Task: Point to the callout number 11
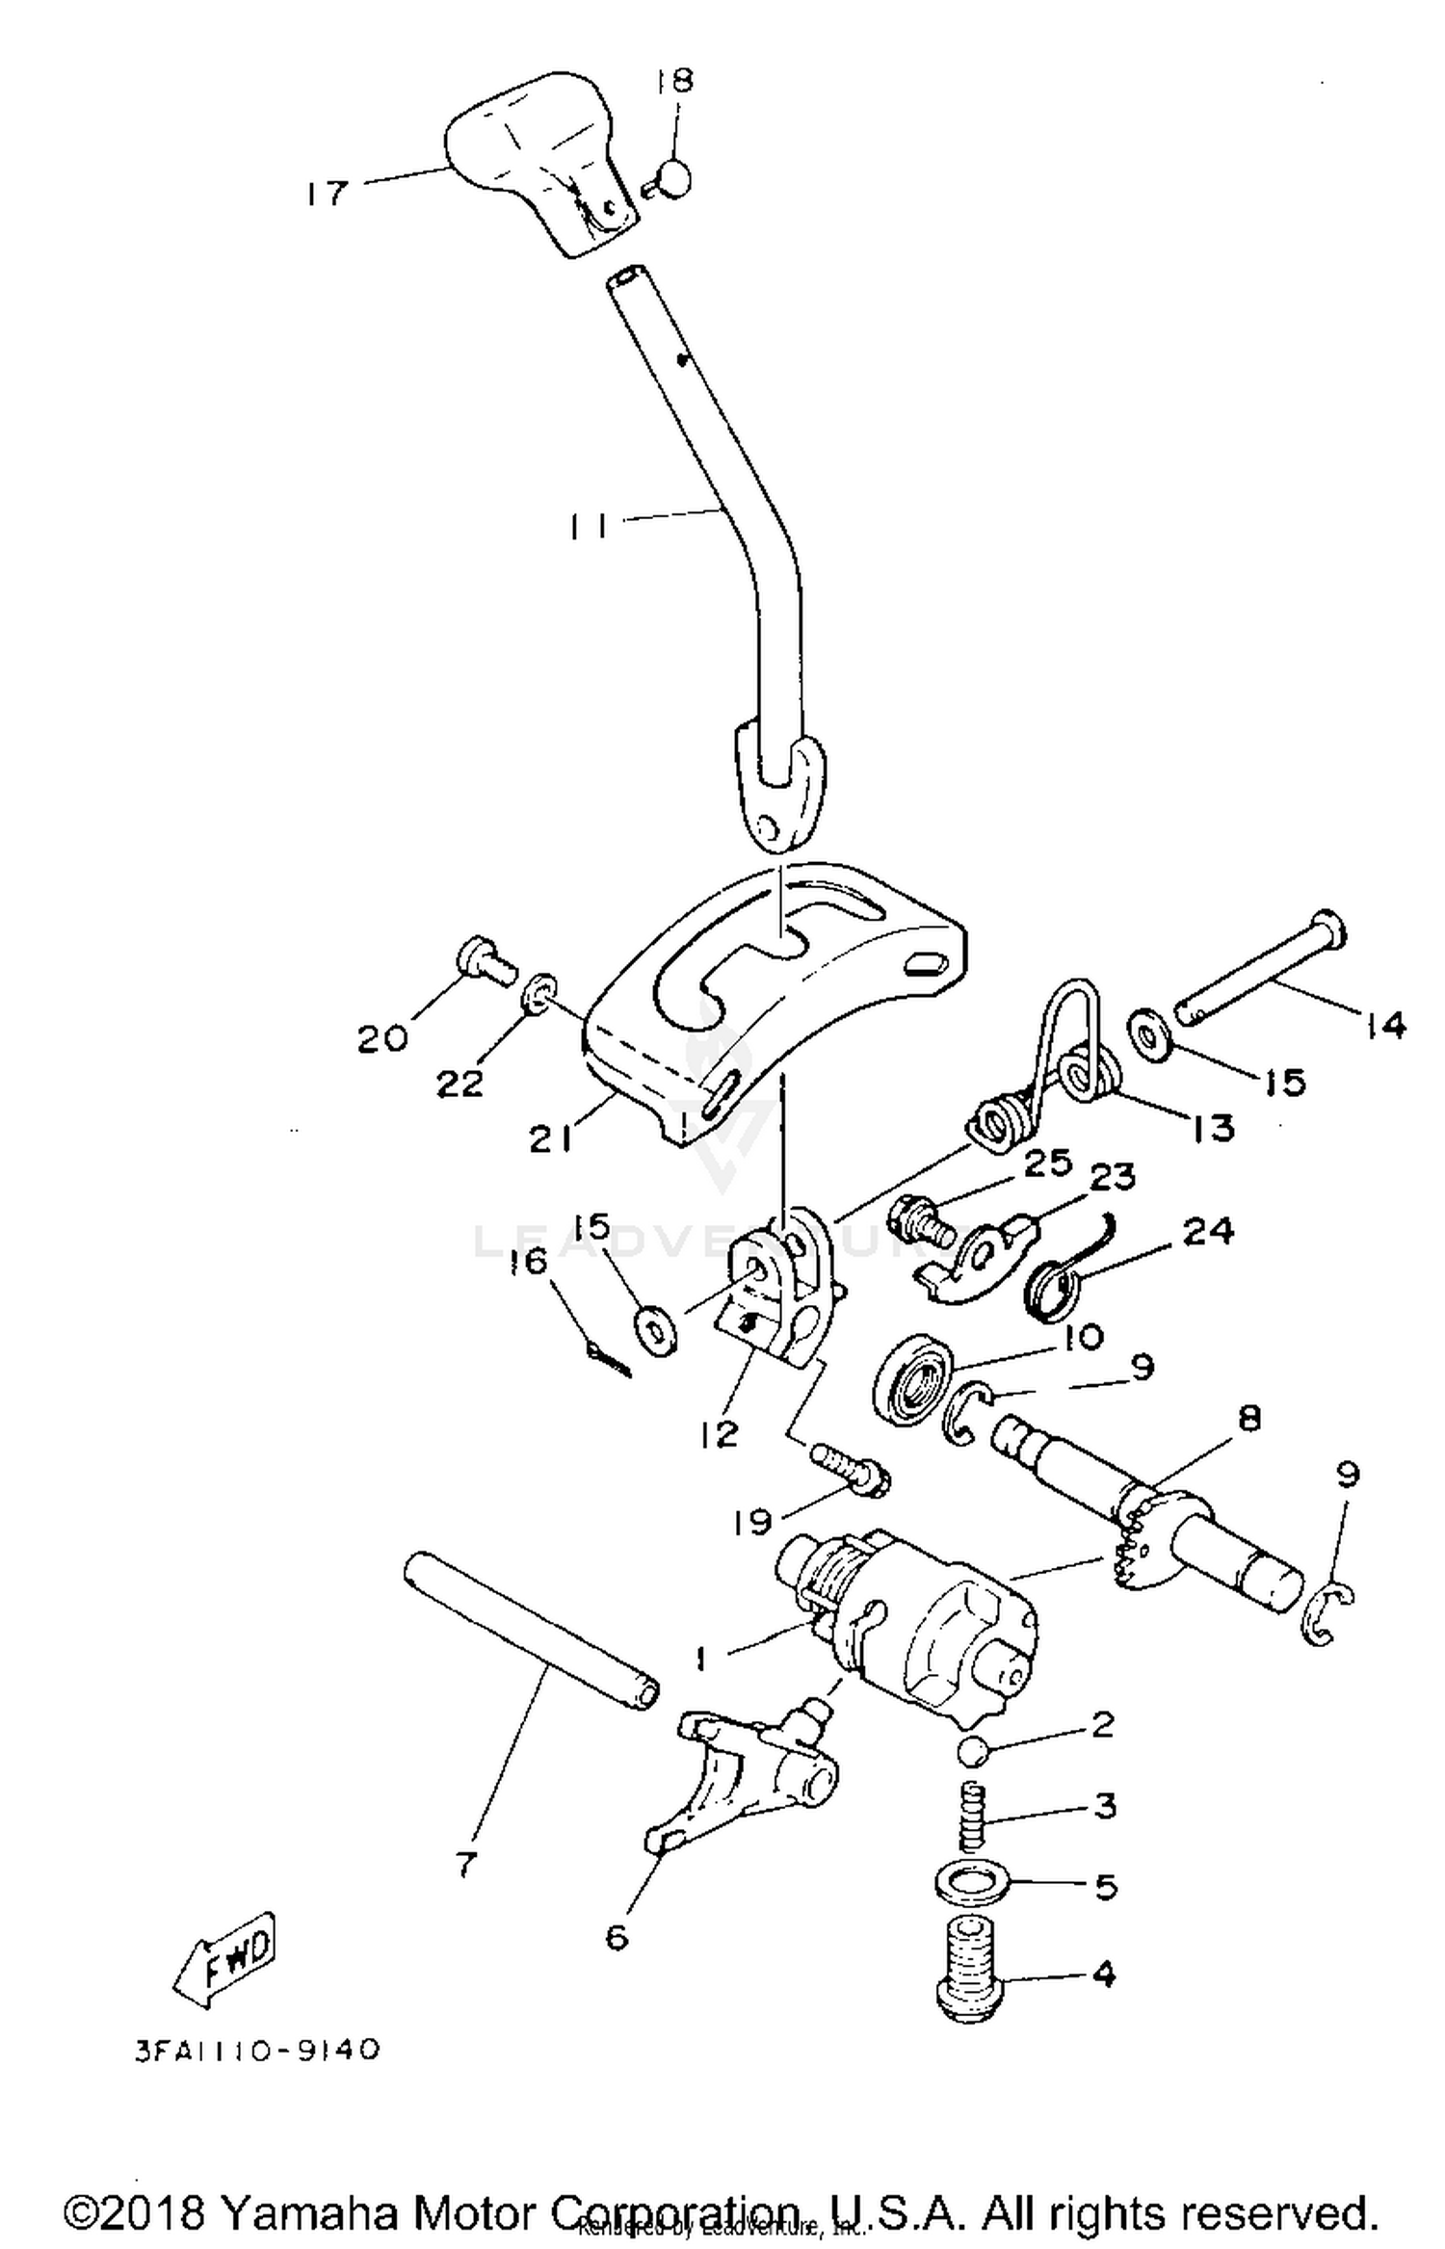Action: point(588,526)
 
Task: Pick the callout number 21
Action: point(551,1139)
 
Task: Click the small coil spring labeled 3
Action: point(974,1814)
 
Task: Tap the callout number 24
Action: point(1208,1230)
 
